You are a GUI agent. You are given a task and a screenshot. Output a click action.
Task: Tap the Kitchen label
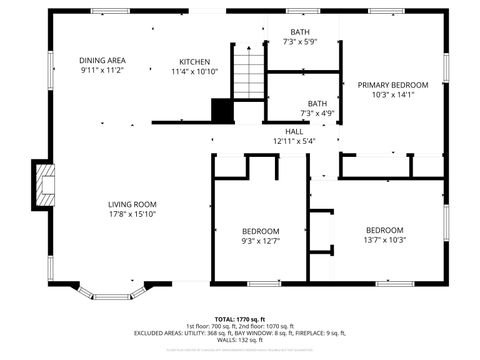click(x=194, y=61)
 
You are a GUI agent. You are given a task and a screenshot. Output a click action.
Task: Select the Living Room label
click(x=133, y=204)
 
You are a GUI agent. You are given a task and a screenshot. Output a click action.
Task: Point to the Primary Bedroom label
click(x=393, y=85)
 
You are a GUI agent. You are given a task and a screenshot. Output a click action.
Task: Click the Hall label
click(x=294, y=131)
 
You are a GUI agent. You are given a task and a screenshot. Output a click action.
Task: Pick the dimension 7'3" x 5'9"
click(x=300, y=42)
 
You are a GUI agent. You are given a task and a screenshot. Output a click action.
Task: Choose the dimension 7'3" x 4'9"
click(x=317, y=114)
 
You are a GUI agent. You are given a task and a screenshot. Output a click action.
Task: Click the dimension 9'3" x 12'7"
click(x=261, y=240)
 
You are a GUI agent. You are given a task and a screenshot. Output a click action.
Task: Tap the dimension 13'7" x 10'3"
click(x=385, y=239)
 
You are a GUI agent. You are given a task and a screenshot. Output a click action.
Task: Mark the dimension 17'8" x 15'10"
click(x=133, y=214)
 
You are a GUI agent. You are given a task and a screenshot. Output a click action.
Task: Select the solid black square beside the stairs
click(x=222, y=111)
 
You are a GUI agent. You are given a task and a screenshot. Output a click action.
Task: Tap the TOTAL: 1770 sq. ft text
click(x=239, y=318)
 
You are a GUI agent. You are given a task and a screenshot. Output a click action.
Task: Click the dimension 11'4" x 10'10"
click(x=194, y=71)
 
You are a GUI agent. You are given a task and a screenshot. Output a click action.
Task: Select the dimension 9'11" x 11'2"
click(x=102, y=71)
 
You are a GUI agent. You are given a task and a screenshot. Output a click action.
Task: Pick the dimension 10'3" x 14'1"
click(x=393, y=95)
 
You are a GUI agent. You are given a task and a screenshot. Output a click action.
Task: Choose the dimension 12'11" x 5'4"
click(x=294, y=141)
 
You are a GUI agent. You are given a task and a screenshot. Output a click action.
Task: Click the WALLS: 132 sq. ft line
click(x=239, y=339)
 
